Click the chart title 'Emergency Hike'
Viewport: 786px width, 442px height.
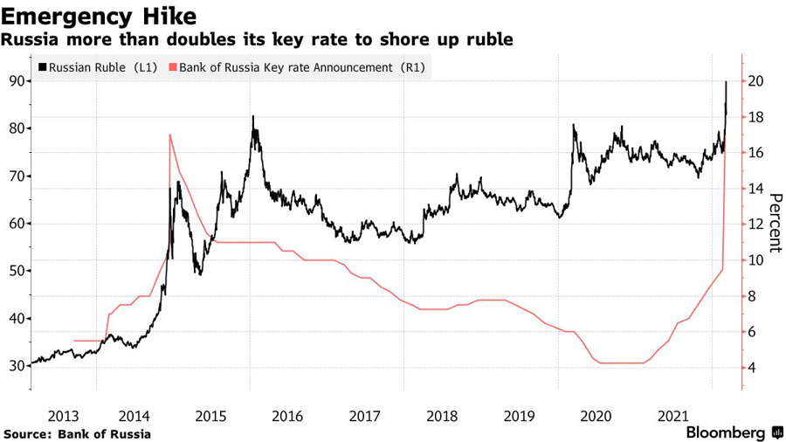[x=98, y=16]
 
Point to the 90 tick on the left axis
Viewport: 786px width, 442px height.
[x=16, y=81]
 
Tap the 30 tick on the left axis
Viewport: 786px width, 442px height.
[x=16, y=365]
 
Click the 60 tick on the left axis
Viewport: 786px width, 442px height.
[x=16, y=224]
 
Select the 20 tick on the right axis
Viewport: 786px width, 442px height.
[x=756, y=81]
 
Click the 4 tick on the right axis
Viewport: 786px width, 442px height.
[x=753, y=368]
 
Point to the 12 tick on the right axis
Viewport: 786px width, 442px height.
[x=756, y=224]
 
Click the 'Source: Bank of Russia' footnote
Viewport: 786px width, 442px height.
[x=78, y=433]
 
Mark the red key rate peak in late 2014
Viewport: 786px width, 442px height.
[x=169, y=135]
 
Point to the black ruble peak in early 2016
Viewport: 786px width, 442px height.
[x=253, y=116]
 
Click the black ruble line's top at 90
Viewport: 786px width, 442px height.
[x=727, y=82]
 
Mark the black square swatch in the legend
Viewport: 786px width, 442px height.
[x=41, y=67]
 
